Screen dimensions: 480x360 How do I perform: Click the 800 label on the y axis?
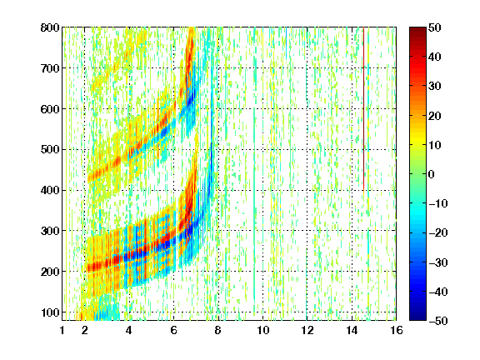[50, 27]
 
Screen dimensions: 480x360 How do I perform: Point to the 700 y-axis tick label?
[50, 68]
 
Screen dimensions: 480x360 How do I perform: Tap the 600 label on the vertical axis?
[50, 109]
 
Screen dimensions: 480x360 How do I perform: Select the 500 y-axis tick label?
[50, 150]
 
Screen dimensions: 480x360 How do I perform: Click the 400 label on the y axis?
[50, 190]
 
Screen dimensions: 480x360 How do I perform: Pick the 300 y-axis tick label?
[50, 231]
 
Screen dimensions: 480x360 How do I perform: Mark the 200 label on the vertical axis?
[50, 272]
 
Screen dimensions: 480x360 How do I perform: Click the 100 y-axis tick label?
[50, 312]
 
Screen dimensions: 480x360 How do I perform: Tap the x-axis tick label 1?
[62, 330]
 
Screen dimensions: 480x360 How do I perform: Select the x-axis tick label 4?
[129, 330]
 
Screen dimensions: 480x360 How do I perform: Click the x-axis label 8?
[218, 330]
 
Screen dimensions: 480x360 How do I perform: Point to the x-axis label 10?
[262, 330]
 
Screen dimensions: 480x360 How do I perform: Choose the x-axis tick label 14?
[352, 330]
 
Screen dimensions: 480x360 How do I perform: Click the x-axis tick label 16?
[397, 330]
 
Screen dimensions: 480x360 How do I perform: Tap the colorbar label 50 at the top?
[435, 27]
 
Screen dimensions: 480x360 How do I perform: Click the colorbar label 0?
[432, 174]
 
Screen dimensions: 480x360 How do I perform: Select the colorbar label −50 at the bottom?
[438, 321]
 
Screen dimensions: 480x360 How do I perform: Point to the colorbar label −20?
[438, 233]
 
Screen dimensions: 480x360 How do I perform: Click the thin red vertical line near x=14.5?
[363, 108]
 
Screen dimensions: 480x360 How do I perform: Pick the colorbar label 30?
[435, 87]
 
